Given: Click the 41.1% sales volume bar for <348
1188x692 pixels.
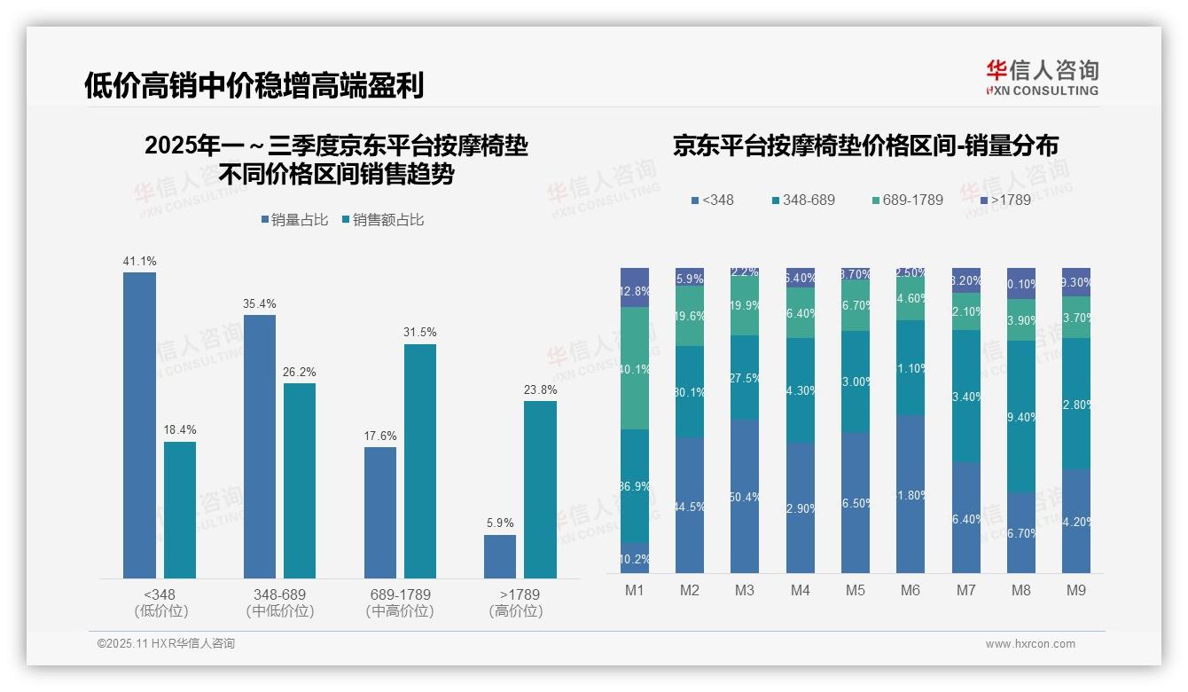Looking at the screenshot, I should [139, 425].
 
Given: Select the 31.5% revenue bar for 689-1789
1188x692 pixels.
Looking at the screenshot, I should [420, 461].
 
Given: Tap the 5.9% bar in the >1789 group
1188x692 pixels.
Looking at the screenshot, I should [500, 556].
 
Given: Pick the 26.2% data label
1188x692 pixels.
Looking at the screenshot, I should [300, 372].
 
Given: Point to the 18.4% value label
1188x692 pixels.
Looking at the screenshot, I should [179, 430].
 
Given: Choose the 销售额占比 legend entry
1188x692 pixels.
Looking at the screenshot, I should [382, 220].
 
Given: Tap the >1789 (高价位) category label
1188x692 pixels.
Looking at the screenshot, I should [515, 602].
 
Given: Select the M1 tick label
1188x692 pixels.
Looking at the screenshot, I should [635, 590].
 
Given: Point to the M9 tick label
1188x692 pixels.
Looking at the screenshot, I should [1076, 590].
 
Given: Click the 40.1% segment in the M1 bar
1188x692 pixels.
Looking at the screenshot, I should [635, 368].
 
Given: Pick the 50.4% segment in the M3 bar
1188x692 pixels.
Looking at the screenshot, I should [745, 496].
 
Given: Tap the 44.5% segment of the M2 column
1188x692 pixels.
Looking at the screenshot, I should [690, 505].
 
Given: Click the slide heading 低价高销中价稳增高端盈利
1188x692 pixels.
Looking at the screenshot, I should [254, 85].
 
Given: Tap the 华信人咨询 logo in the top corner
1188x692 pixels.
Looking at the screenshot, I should [1042, 77].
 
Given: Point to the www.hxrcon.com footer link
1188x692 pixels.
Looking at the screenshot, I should [1029, 644].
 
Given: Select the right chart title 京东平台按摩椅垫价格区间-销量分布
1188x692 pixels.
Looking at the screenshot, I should [865, 146].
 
